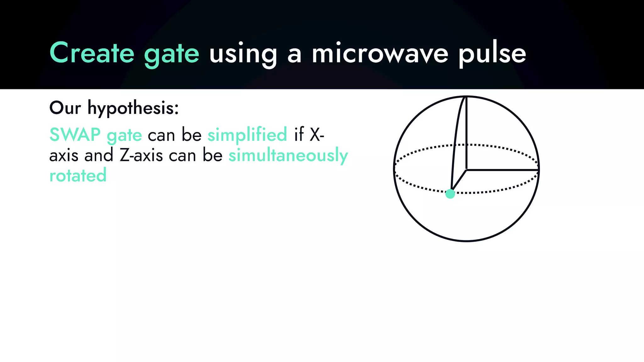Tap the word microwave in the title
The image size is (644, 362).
(x=380, y=53)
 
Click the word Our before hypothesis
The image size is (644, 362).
(x=65, y=108)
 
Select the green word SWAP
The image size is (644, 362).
(x=75, y=135)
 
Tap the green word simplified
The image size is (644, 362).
(x=247, y=135)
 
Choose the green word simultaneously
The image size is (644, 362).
(x=288, y=155)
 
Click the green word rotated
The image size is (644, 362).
(x=78, y=175)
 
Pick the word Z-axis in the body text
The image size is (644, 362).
(x=141, y=155)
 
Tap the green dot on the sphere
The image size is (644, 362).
(x=450, y=194)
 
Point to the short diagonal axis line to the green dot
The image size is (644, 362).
(x=459, y=181)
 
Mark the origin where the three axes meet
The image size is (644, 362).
(x=466, y=170)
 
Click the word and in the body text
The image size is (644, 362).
(x=99, y=155)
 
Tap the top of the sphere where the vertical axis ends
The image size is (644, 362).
(x=466, y=97)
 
